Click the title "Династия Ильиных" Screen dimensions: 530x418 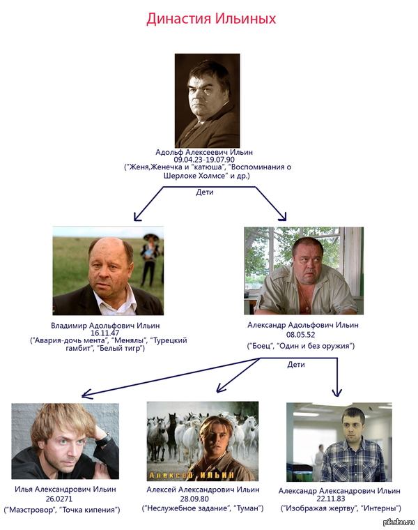coord(211,19)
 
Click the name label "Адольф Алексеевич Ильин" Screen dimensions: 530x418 coord(204,152)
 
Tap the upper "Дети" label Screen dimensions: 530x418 coord(204,192)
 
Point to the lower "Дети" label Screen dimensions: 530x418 coord(295,364)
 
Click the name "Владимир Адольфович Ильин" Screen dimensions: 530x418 coord(105,326)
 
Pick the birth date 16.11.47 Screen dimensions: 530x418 coord(105,333)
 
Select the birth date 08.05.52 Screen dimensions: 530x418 coord(301,334)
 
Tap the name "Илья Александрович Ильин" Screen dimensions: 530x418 coord(62,491)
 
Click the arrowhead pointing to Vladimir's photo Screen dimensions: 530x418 coord(137,217)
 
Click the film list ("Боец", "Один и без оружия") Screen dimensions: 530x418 coord(301,346)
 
